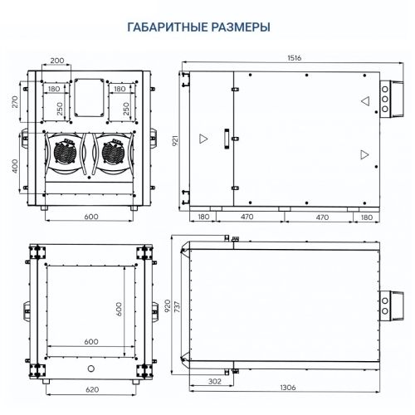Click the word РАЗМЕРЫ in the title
[241, 27]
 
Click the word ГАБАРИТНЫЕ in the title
[168, 27]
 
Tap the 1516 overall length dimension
[294, 58]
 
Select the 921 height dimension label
[175, 140]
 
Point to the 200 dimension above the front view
[57, 61]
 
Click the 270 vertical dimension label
[15, 102]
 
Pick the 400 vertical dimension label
[15, 166]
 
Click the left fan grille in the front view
[65, 153]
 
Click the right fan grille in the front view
[113, 153]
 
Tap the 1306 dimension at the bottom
[288, 388]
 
